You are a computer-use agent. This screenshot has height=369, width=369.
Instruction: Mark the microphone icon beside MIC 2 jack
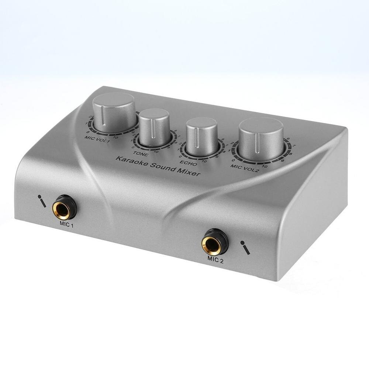coord(245,247)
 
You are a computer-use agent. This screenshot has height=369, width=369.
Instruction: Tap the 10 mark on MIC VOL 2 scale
coord(265,166)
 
